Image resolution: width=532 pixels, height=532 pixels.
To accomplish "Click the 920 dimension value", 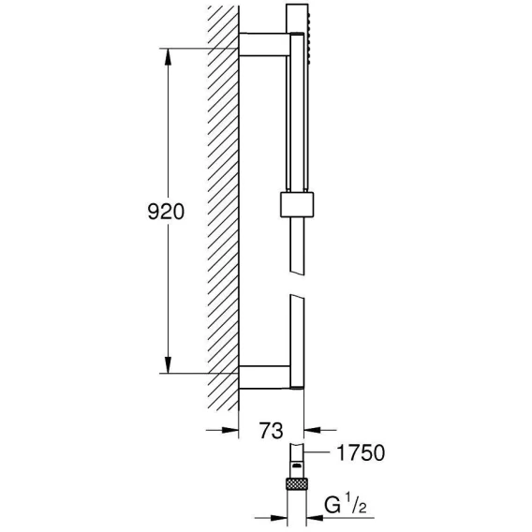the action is pyautogui.click(x=166, y=212).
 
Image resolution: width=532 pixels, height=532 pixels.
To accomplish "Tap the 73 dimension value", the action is pyautogui.click(x=271, y=431).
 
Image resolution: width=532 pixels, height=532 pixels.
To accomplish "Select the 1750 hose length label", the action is pyautogui.click(x=361, y=452).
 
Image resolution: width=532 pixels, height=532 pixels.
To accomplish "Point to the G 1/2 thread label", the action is pyautogui.click(x=346, y=505).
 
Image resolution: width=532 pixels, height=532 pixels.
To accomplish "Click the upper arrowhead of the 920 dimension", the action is pyautogui.click(x=168, y=56).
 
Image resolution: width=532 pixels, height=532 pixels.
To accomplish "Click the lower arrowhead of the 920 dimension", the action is pyautogui.click(x=168, y=364).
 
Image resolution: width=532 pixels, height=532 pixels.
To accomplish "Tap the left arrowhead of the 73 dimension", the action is pyautogui.click(x=230, y=430).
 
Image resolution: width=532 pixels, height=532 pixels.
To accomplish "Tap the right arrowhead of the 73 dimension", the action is pyautogui.click(x=313, y=430).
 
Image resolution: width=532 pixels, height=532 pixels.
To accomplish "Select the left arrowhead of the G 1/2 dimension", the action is pyautogui.click(x=279, y=518).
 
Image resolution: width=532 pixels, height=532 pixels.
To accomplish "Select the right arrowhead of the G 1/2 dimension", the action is pyautogui.click(x=315, y=518).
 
